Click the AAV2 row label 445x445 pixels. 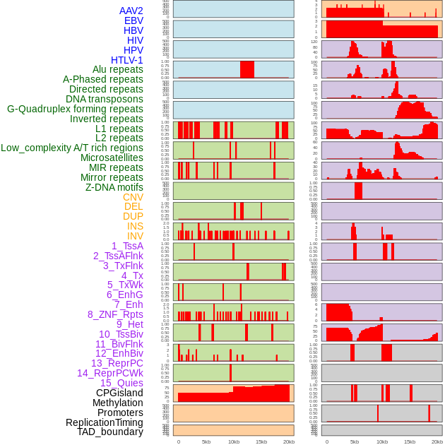[x=131, y=11]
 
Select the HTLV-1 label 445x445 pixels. [x=126, y=60]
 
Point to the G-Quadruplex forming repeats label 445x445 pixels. [x=75, y=109]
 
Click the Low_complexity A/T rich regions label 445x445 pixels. [x=72, y=148]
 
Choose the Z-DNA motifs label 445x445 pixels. [x=114, y=187]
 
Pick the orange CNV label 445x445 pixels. [x=133, y=197]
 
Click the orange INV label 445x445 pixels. [x=135, y=236]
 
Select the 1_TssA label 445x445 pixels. [x=127, y=246]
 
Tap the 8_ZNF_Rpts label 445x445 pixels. [x=115, y=314]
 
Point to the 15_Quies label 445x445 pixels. [x=121, y=383]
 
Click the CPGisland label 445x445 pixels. [x=119, y=393]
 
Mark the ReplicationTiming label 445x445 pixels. [x=104, y=422]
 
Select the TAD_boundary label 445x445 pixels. [x=109, y=432]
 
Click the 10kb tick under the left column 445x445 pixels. [x=233, y=441]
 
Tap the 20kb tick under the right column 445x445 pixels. [x=437, y=441]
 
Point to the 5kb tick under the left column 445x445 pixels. [x=206, y=441]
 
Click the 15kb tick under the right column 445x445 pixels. [x=410, y=441]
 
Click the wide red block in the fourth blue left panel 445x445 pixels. [x=247, y=69]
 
